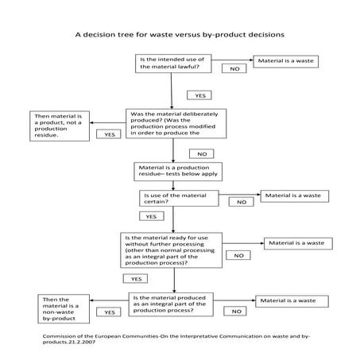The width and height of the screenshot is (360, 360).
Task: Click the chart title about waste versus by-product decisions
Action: pyautogui.click(x=180, y=35)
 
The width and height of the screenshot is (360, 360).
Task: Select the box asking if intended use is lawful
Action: pyautogui.click(x=171, y=64)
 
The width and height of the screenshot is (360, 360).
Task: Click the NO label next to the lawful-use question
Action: pyautogui.click(x=234, y=69)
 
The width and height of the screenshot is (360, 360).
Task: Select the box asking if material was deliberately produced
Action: pyautogui.click(x=172, y=123)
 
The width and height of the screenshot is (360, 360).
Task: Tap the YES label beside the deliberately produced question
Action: pyautogui.click(x=108, y=135)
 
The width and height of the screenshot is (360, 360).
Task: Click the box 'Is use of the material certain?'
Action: pyautogui.click(x=179, y=198)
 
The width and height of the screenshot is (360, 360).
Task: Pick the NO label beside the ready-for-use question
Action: pyautogui.click(x=237, y=255)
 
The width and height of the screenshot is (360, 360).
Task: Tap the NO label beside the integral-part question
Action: pyautogui.click(x=235, y=312)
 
